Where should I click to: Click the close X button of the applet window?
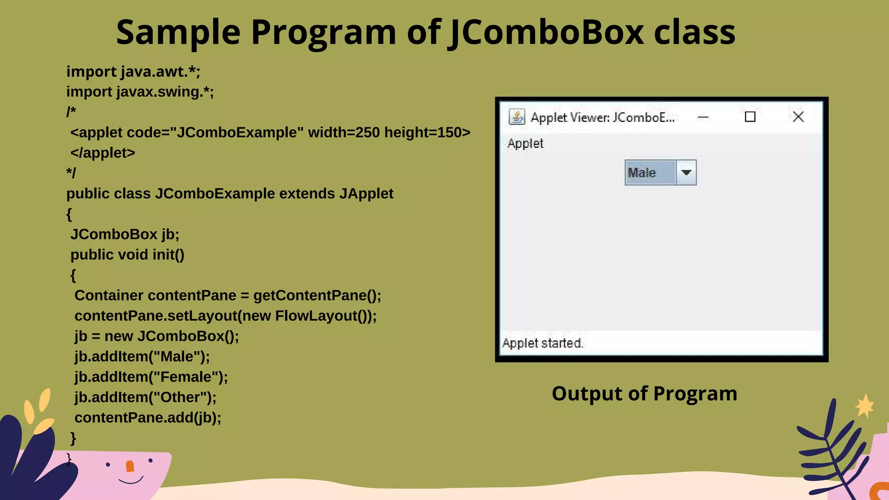click(x=798, y=117)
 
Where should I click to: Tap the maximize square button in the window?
click(x=750, y=117)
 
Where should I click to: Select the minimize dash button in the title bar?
click(x=703, y=117)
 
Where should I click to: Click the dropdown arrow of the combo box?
click(x=686, y=173)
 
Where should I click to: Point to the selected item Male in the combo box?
click(x=642, y=173)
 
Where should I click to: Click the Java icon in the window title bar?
click(x=517, y=117)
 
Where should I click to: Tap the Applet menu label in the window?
click(x=525, y=144)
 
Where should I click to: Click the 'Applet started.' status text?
click(x=542, y=343)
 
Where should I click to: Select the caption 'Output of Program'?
click(x=644, y=394)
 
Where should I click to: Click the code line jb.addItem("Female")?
click(x=151, y=377)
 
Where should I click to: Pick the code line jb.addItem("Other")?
click(x=145, y=397)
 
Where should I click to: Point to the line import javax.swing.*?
click(x=140, y=92)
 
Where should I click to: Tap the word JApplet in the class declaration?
click(x=366, y=194)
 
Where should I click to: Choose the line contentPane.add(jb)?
click(x=148, y=418)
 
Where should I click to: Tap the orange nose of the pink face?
click(x=130, y=466)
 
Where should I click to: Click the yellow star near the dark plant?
click(x=865, y=406)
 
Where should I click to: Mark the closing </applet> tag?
click(x=103, y=153)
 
